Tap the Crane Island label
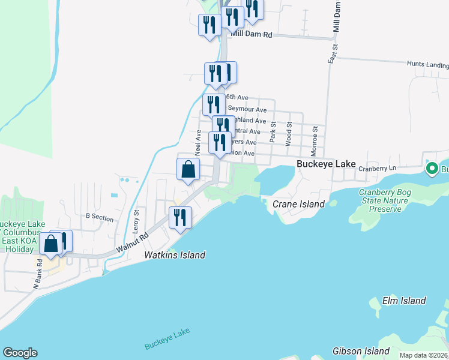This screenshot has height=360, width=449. click(298, 204)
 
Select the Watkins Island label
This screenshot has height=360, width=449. click(175, 255)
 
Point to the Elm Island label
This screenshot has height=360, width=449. click(404, 301)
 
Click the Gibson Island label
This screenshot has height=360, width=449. click(360, 350)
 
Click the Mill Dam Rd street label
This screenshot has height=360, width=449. click(256, 35)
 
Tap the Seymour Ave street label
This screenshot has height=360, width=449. click(247, 110)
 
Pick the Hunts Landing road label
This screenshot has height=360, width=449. click(427, 65)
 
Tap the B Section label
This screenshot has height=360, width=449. click(100, 218)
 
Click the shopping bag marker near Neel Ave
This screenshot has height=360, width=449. click(188, 169)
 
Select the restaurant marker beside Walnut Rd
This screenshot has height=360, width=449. click(181, 217)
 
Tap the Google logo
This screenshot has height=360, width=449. click(20, 353)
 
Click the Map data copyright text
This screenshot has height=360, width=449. click(423, 355)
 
